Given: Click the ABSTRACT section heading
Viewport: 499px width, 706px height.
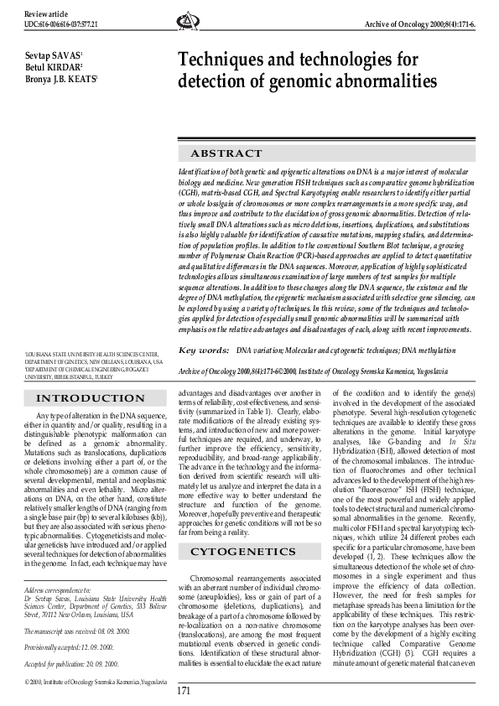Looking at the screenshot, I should (226, 153).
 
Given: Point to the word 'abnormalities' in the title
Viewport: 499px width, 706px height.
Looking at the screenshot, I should (383, 82).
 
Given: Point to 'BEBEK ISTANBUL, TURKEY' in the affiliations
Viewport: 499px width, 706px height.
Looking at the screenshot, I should (66, 377).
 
